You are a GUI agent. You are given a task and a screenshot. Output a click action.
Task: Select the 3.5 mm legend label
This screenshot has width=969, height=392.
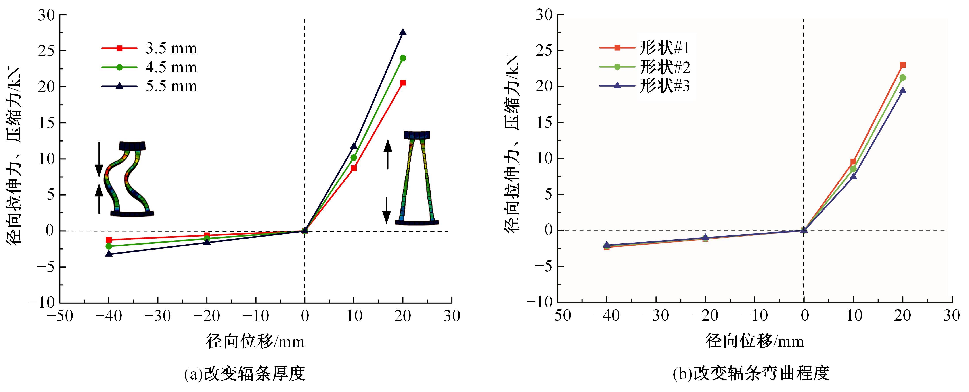coord(171,48)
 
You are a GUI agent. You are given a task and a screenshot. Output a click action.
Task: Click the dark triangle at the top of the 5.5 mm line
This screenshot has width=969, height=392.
coord(403,32)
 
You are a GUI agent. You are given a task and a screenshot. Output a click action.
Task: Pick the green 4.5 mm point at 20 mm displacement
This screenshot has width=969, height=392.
coord(403,58)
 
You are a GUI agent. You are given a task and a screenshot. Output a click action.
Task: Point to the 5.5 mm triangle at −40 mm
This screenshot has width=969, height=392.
coord(109,254)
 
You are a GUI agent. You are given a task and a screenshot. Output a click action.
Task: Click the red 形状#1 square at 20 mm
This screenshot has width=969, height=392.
coord(902,65)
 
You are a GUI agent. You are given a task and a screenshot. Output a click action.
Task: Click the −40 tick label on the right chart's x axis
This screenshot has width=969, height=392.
coord(606,316)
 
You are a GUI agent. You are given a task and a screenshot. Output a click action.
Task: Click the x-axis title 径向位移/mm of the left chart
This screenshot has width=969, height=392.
coord(255,341)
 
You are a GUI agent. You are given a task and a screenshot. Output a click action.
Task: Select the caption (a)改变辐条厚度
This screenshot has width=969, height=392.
coord(245,374)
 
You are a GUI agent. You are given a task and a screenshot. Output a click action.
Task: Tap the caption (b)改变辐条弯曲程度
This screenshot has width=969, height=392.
coord(751,374)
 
